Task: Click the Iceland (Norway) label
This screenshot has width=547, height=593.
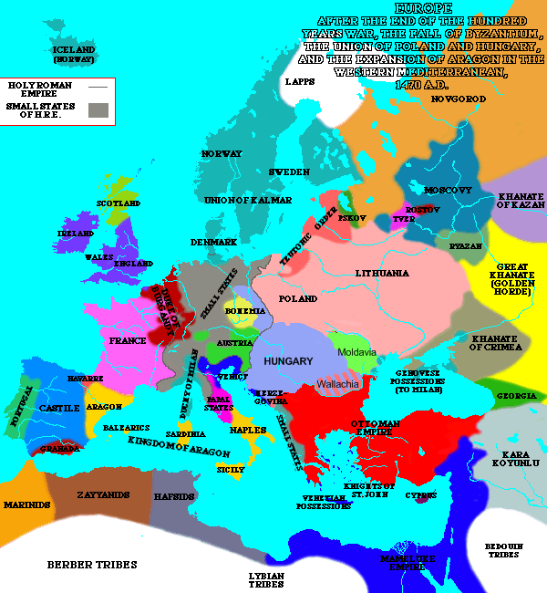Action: click(73, 54)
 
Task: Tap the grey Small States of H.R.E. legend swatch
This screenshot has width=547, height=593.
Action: click(98, 110)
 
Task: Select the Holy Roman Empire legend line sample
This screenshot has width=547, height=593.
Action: click(98, 87)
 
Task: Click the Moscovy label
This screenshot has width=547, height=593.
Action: click(449, 190)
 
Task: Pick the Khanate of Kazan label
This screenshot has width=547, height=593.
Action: click(521, 201)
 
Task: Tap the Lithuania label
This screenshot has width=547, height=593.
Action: click(382, 273)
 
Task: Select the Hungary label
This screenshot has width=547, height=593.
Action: click(288, 361)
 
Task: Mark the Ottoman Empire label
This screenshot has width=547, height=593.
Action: click(377, 430)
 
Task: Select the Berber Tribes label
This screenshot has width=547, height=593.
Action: click(92, 565)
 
